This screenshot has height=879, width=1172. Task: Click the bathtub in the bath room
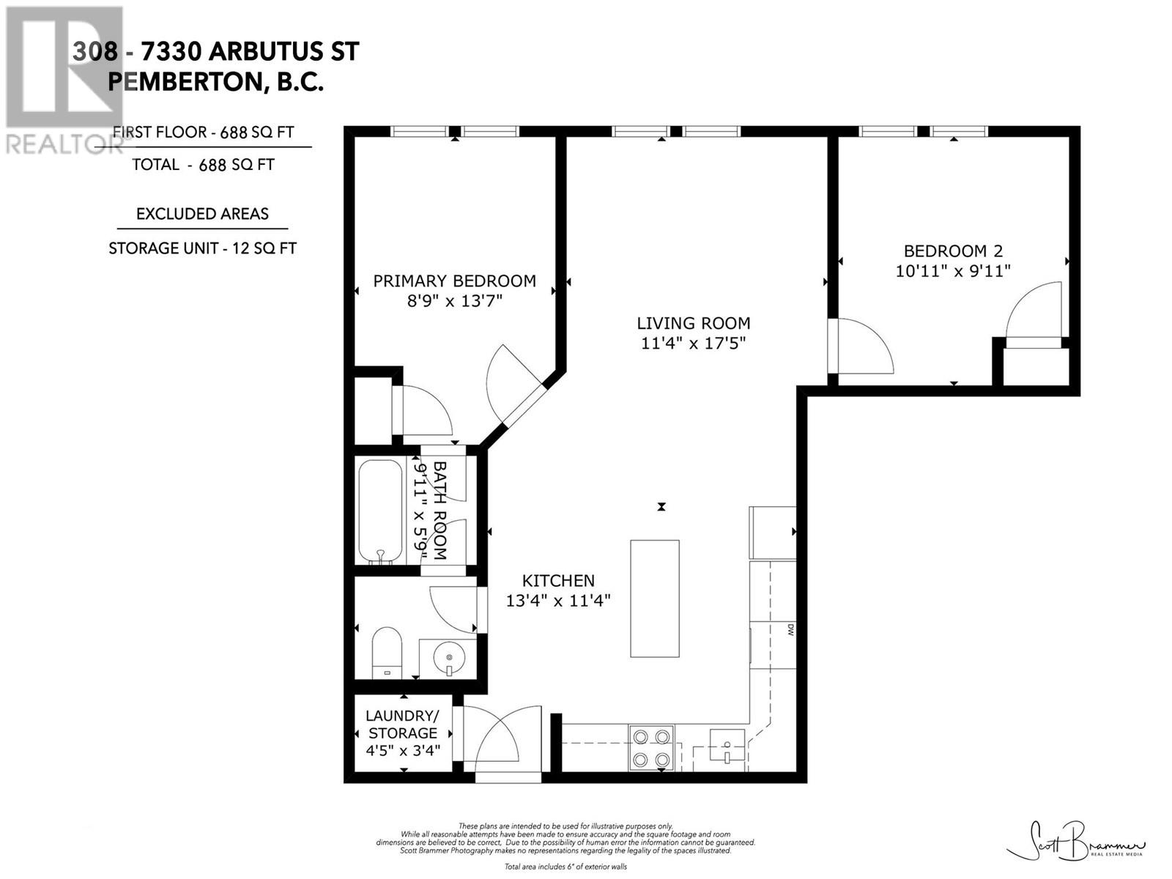(380, 511)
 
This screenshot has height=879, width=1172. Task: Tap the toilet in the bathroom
(386, 651)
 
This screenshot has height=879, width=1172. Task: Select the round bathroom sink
(448, 658)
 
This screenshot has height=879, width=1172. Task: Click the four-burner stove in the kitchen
(651, 748)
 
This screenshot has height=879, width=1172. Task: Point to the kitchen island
(655, 598)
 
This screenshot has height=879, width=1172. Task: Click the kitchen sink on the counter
(727, 746)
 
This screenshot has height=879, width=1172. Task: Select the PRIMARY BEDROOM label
(454, 281)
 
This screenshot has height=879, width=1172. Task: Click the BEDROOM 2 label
(952, 251)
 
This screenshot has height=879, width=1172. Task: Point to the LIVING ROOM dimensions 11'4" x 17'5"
(693, 343)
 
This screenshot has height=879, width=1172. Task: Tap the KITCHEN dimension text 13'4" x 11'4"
(558, 601)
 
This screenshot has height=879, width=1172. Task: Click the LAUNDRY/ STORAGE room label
(402, 724)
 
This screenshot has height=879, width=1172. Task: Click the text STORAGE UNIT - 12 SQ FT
(202, 248)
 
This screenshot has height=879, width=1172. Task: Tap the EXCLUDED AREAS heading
(202, 214)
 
